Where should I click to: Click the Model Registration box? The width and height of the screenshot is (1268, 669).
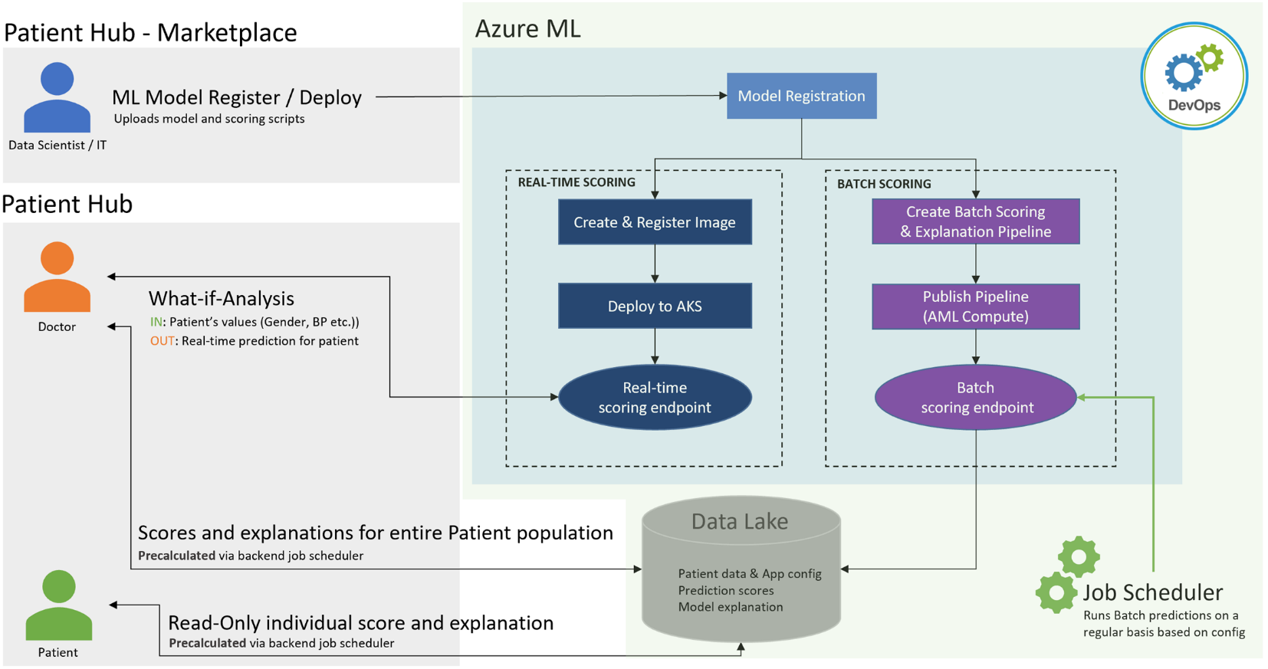point(801,96)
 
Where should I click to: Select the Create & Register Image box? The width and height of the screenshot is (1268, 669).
point(655,222)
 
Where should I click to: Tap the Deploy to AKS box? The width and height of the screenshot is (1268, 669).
point(655,306)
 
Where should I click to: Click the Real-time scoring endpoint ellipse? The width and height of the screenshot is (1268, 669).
point(655,397)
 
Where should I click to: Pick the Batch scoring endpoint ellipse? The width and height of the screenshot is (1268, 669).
point(975,397)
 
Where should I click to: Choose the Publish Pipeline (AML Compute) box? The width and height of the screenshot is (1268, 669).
point(975,307)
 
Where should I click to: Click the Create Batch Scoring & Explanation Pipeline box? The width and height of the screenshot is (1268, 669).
point(975,221)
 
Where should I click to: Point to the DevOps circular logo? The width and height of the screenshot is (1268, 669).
point(1194,76)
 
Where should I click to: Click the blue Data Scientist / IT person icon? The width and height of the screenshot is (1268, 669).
point(57,97)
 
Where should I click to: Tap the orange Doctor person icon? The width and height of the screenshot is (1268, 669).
point(57,277)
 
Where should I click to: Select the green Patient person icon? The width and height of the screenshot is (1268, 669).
point(58,605)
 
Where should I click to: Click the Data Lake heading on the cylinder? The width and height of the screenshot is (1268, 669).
point(739,522)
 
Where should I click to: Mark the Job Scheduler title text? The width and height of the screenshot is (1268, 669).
point(1152,592)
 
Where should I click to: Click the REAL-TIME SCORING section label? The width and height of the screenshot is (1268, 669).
point(577,182)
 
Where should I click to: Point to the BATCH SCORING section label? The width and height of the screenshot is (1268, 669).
point(884,184)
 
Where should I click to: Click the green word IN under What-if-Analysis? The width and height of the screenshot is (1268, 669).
point(156,322)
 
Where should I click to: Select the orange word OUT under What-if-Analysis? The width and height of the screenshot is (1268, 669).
point(162,341)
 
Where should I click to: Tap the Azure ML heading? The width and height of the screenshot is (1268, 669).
point(528,29)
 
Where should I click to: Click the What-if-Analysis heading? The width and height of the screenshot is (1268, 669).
point(221,298)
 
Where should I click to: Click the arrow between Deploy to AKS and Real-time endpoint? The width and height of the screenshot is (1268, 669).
point(655,346)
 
